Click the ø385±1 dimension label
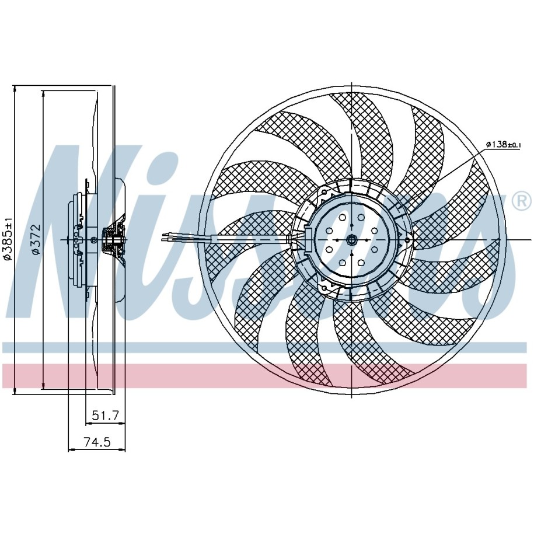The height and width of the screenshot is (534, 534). [8, 239]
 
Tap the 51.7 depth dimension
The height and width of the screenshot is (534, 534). [105, 416]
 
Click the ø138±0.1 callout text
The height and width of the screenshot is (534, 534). [504, 144]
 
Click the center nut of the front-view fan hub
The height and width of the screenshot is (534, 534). [351, 240]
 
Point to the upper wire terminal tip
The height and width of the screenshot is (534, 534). [164, 235]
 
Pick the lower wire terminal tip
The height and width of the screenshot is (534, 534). [164, 240]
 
